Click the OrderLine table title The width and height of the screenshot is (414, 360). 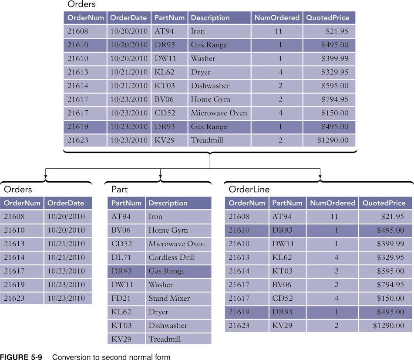249,189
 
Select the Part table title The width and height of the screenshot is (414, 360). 119,189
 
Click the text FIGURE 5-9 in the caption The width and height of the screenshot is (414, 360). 21,357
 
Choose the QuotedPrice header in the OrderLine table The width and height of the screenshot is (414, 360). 384,203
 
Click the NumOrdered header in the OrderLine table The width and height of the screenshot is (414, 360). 332,203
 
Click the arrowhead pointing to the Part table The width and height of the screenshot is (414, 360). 161,178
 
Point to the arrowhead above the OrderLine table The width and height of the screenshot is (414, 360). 320,178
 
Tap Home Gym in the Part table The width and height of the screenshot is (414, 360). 168,230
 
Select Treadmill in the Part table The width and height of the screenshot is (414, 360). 165,339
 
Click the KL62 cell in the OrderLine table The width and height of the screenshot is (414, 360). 282,257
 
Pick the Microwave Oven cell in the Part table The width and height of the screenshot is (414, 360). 176,244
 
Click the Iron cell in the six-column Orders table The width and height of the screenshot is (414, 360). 198,31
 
